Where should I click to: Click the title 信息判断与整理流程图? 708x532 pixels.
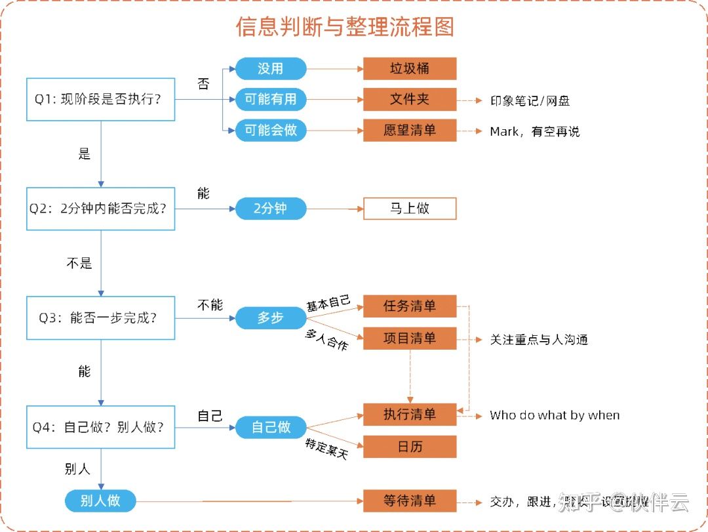[x=345, y=27]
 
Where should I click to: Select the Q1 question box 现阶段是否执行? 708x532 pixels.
[x=100, y=100]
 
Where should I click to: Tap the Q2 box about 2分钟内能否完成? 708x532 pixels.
[x=100, y=209]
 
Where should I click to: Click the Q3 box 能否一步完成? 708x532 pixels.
[x=100, y=317]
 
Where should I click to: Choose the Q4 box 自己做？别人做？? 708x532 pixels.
[x=100, y=427]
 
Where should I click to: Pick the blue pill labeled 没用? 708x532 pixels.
[x=271, y=68]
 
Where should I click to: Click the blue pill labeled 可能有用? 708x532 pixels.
[x=271, y=99]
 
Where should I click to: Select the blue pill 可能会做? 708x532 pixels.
[x=271, y=130]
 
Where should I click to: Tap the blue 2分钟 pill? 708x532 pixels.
[x=271, y=209]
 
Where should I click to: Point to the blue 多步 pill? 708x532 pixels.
[x=271, y=317]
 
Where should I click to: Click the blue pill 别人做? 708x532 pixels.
[x=100, y=501]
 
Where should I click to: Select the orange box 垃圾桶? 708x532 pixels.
[x=410, y=68]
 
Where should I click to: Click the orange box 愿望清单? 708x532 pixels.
[x=410, y=130]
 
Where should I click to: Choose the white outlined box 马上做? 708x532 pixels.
[x=410, y=209]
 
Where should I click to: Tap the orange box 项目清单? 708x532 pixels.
[x=410, y=338]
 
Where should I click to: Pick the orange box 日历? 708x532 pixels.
[x=410, y=447]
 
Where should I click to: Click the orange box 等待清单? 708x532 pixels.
[x=410, y=501]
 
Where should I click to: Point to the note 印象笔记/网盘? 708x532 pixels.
[x=530, y=100]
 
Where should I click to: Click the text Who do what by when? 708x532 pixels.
[x=555, y=415]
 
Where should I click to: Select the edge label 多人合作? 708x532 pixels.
[x=326, y=339]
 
